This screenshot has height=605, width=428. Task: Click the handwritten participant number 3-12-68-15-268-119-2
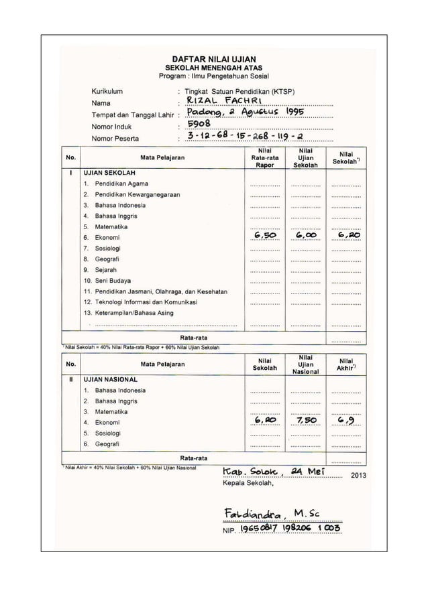point(244,137)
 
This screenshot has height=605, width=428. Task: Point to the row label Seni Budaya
point(112,280)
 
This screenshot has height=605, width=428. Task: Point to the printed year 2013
point(359,477)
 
